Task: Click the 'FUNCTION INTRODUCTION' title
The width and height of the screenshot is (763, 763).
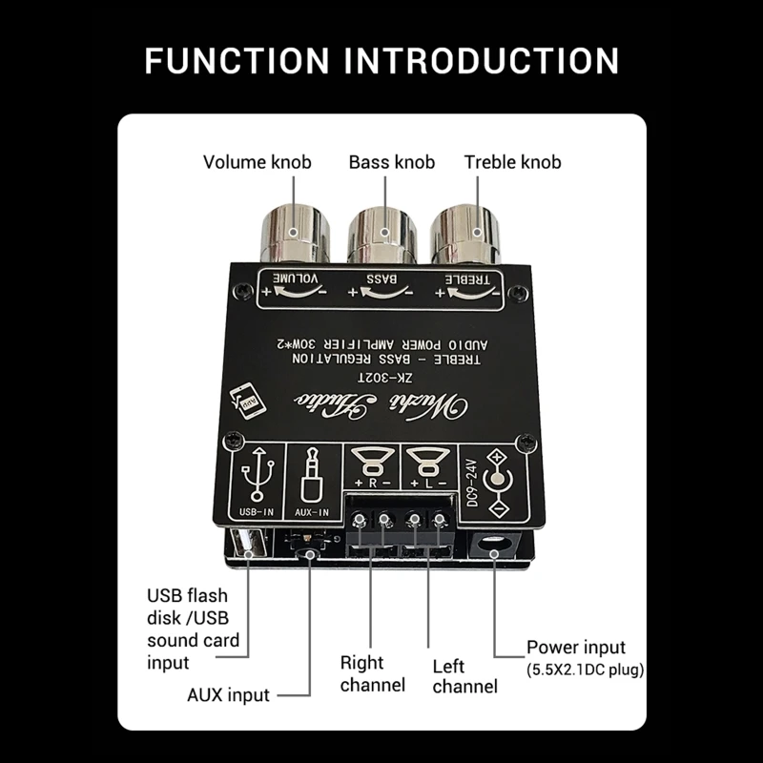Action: (x=381, y=59)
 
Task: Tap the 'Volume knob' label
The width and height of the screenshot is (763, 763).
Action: (x=257, y=162)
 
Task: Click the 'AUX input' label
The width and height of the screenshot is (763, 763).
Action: (x=228, y=695)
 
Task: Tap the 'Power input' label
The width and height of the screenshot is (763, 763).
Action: (x=577, y=649)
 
